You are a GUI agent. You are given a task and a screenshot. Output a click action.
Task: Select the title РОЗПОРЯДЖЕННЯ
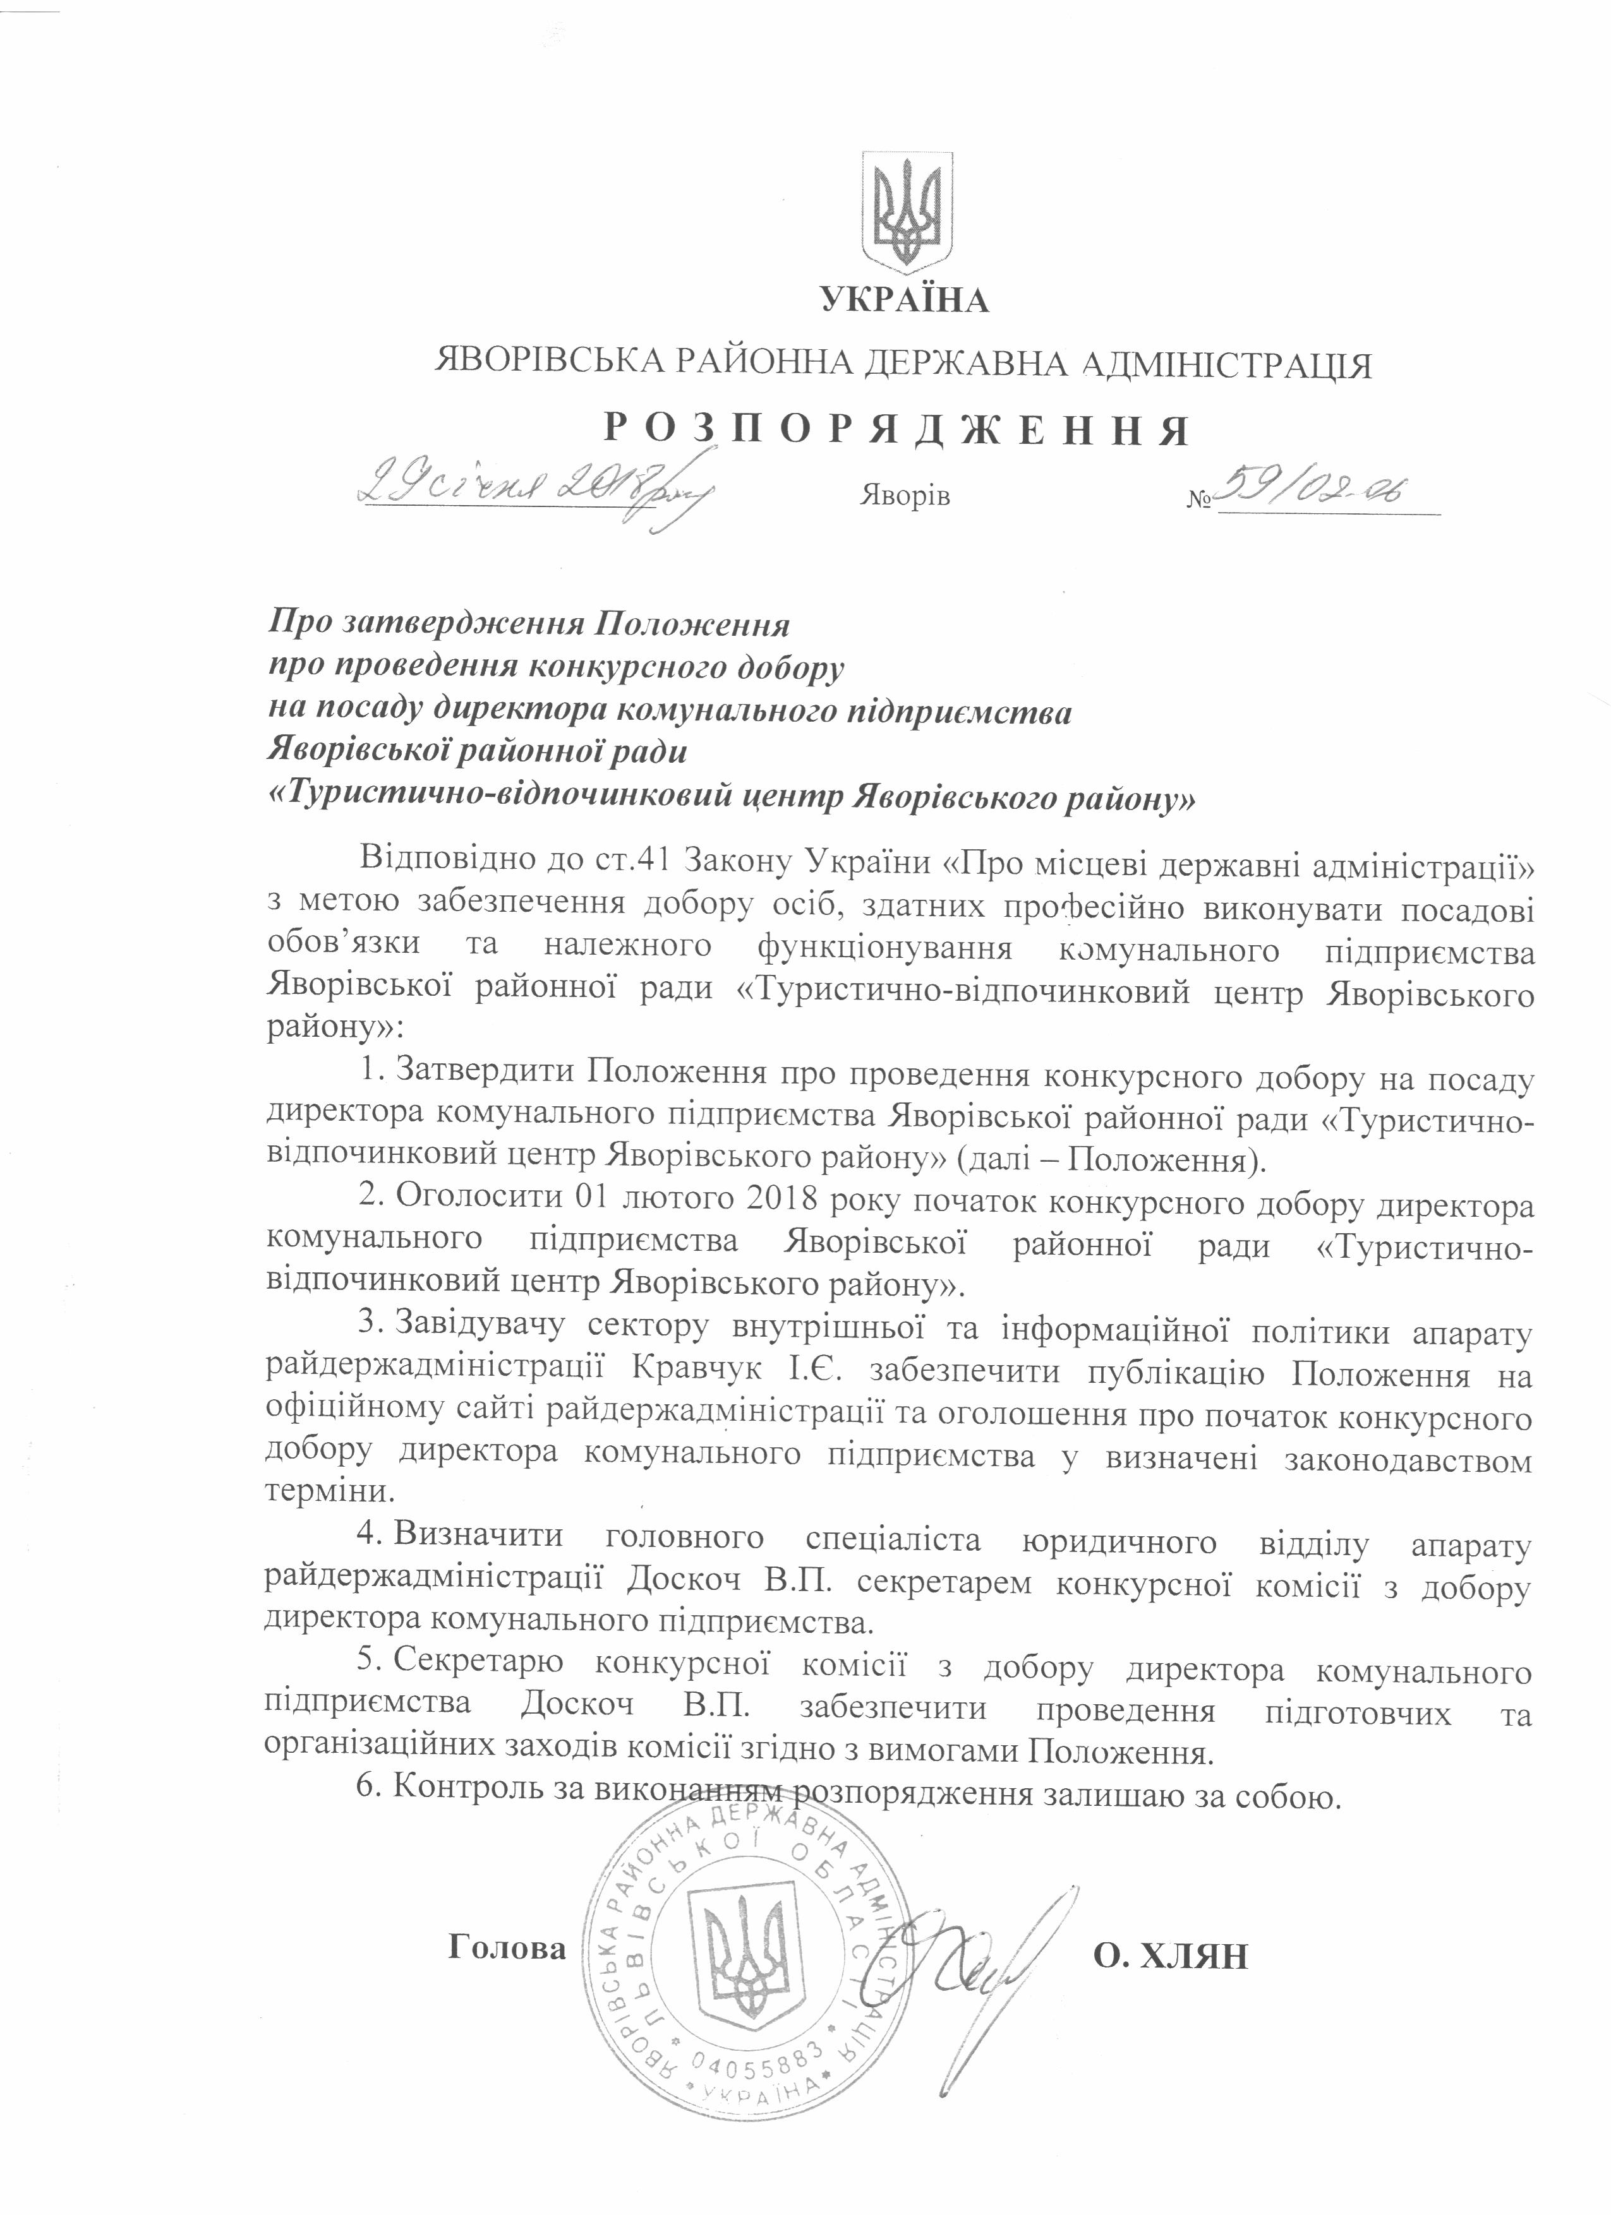pyautogui.click(x=894, y=431)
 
